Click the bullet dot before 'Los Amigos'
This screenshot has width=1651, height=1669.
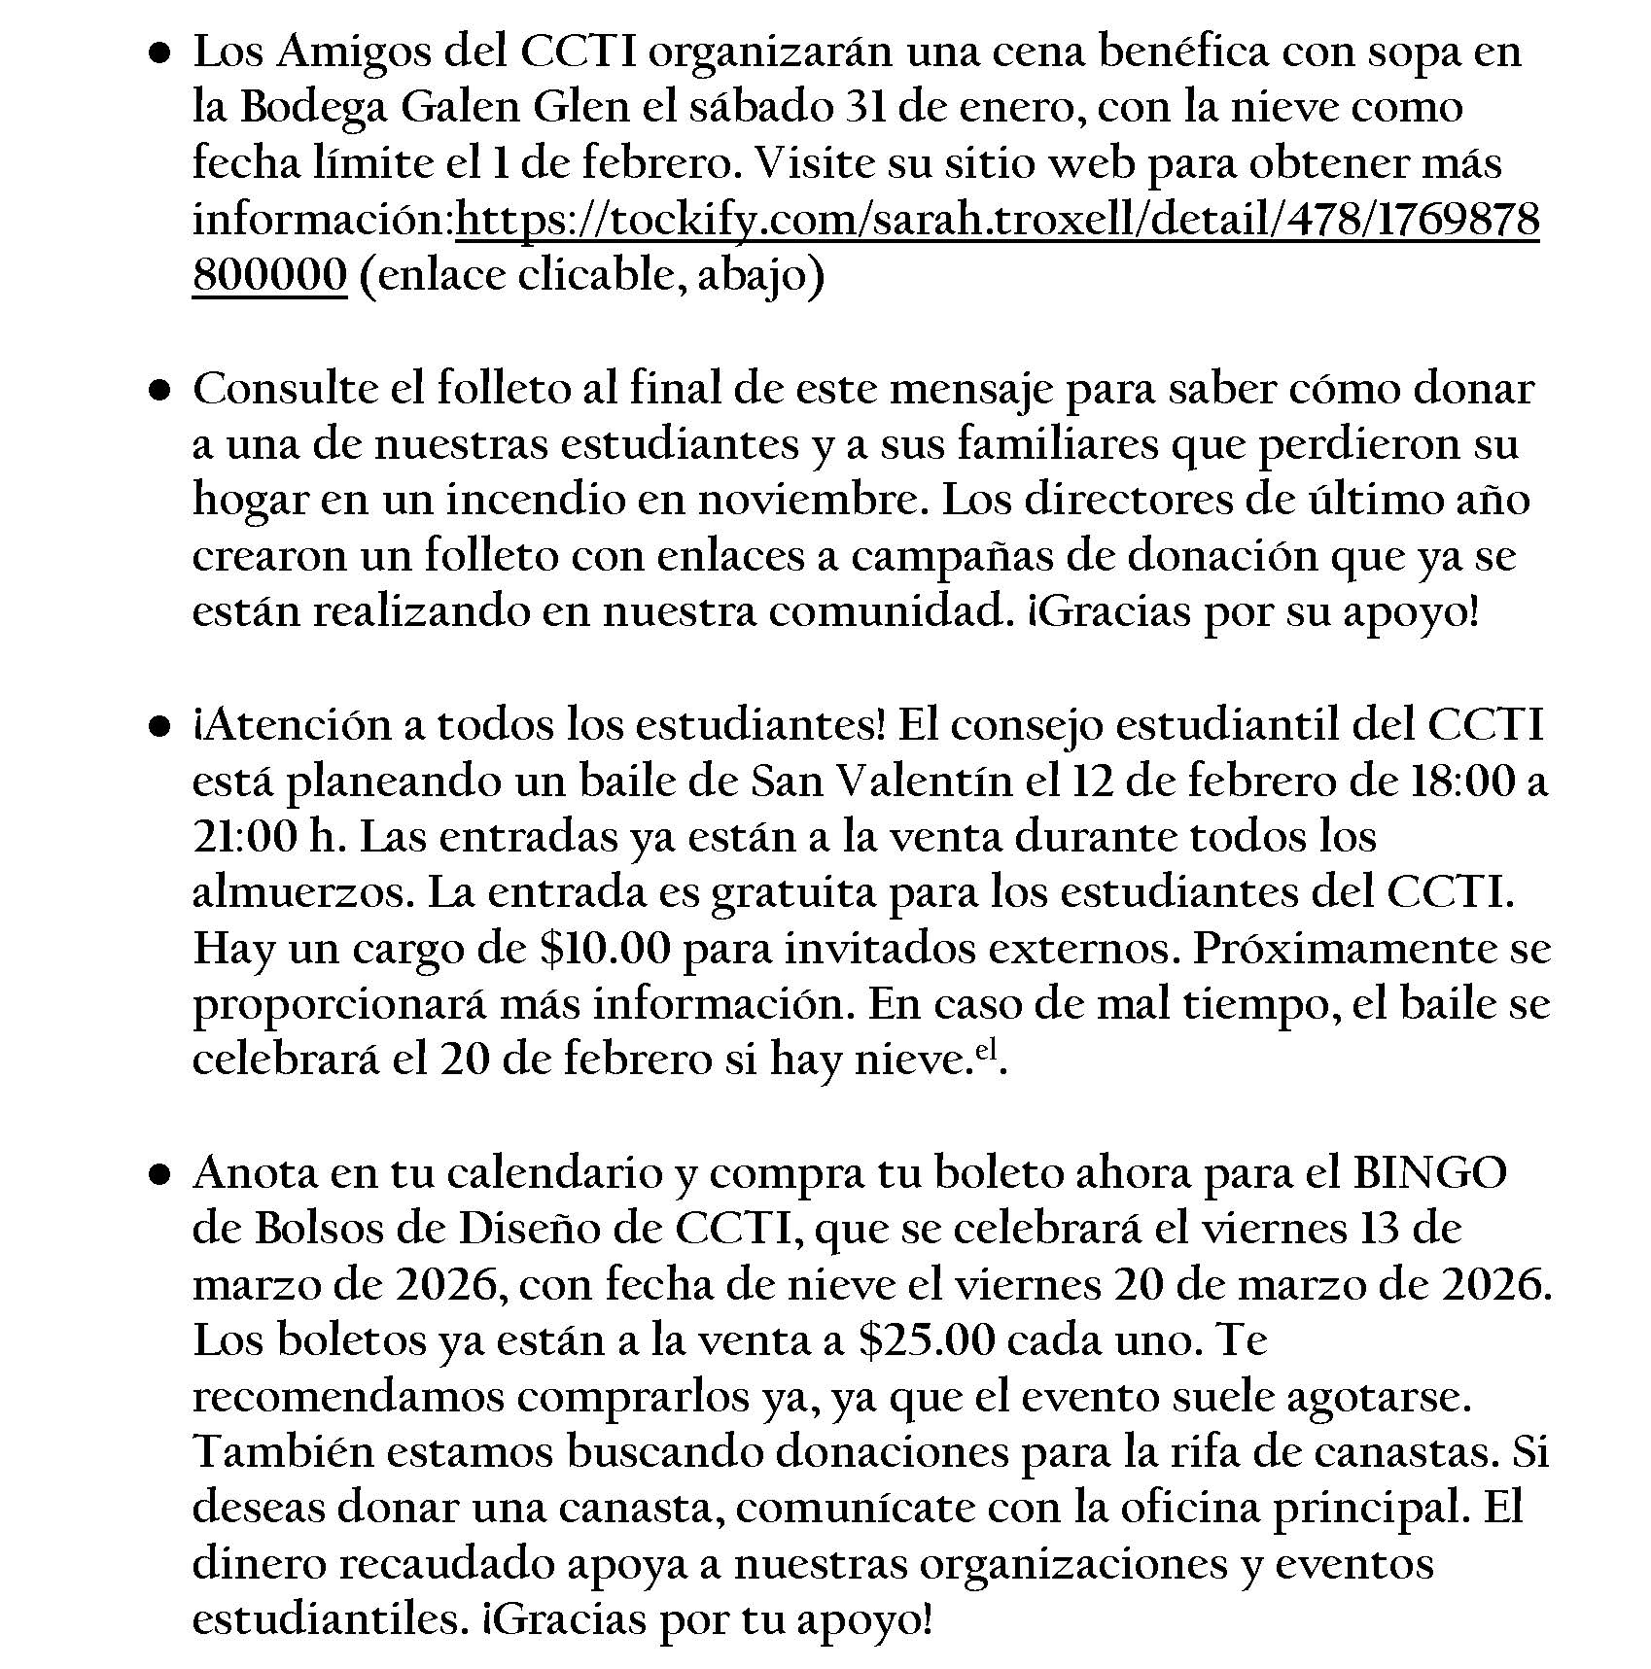[x=161, y=54]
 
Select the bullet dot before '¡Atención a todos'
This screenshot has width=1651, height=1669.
[x=161, y=728]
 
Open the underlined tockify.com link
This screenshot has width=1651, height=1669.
[x=998, y=221]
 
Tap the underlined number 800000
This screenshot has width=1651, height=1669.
[x=269, y=276]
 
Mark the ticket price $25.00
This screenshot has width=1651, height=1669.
[x=928, y=1341]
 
